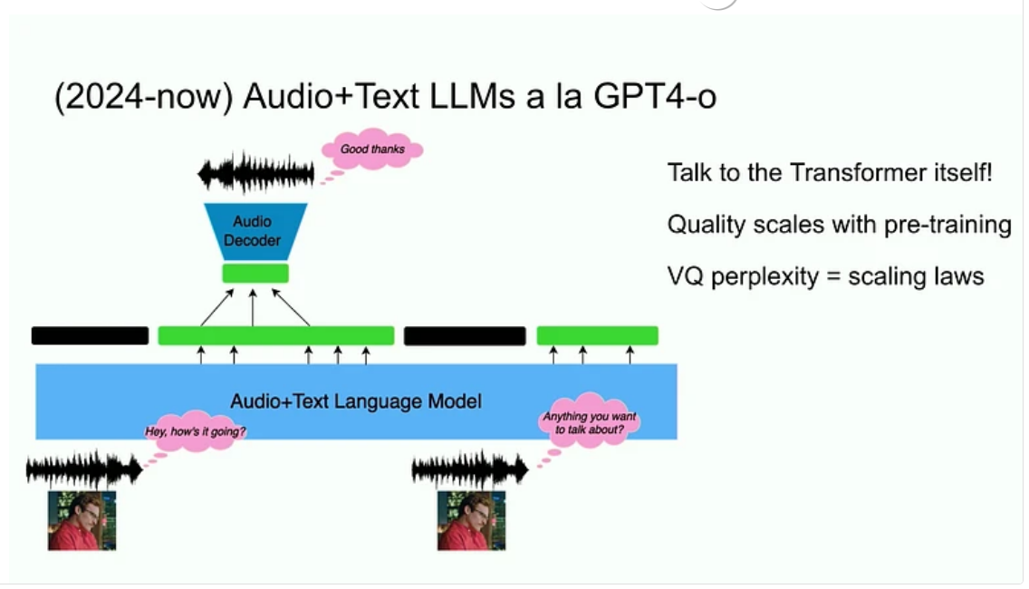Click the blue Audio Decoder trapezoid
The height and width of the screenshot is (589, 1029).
(255, 231)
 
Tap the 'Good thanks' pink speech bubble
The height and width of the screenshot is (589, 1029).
(372, 149)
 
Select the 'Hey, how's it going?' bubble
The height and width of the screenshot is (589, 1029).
(195, 431)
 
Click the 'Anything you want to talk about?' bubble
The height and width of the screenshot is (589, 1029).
(590, 421)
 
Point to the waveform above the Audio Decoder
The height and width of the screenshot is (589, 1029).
(256, 173)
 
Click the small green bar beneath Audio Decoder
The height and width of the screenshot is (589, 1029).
(255, 273)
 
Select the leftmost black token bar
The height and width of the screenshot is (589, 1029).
(90, 335)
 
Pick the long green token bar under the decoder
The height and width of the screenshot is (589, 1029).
(276, 335)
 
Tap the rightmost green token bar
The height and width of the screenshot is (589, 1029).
(597, 335)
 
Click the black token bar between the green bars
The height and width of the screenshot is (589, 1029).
(465, 335)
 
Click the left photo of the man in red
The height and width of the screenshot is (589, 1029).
(82, 520)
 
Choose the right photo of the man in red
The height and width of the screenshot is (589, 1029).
(472, 520)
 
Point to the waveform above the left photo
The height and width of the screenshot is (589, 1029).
(84, 468)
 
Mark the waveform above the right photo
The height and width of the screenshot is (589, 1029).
(470, 468)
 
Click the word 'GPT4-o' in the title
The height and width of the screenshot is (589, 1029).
(654, 97)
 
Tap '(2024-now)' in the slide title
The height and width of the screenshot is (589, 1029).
(144, 98)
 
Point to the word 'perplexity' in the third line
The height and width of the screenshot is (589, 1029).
(765, 276)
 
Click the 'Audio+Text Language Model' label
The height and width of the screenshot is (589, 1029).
(356, 401)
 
